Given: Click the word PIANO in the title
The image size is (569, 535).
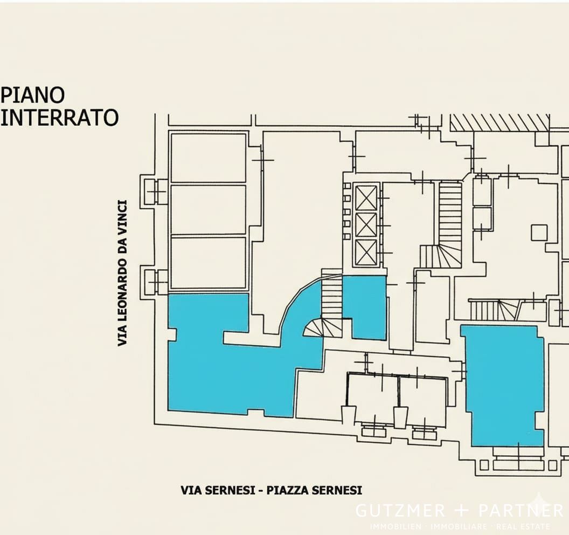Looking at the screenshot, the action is point(32,95).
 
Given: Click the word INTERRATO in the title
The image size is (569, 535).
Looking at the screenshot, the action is point(59,118).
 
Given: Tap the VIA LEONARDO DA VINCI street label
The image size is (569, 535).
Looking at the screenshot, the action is point(122,273).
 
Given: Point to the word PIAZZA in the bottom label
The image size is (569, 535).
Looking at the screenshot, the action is point(287,490).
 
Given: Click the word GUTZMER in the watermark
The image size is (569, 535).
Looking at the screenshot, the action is point(400,510).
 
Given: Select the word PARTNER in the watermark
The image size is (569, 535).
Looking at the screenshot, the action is point(521,510).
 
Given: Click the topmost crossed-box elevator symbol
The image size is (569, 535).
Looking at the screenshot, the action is point(366,198).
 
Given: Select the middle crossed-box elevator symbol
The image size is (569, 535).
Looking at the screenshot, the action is point(366,225).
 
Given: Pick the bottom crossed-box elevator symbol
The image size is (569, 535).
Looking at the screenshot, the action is point(366,252).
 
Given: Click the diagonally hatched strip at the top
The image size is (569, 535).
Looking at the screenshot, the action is point(499,123).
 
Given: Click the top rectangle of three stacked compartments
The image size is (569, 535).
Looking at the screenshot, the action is point(209,158).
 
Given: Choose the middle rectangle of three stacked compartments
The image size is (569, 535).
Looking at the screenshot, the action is point(209,210).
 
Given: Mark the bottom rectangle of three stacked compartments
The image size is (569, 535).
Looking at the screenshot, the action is point(209,263).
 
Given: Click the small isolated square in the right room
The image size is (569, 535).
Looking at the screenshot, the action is point(539,233).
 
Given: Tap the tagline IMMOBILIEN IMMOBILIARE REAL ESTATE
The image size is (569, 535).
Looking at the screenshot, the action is point(460,526).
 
